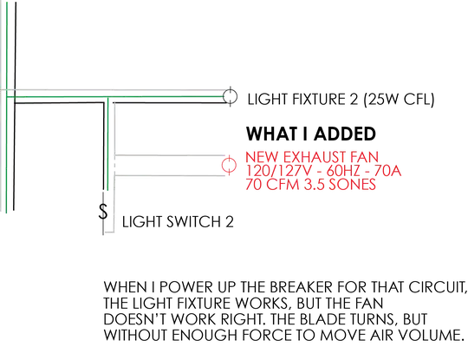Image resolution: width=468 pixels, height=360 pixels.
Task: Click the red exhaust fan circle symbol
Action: [x=222, y=165]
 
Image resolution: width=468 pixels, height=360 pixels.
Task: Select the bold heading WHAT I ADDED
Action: [x=311, y=134]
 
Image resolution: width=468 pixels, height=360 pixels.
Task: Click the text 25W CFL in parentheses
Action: [x=399, y=99]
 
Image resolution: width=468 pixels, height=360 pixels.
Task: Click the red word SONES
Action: [x=352, y=184]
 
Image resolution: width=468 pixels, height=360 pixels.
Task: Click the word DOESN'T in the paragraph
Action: [x=135, y=318]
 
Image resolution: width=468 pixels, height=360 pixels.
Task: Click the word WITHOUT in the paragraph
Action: [x=135, y=335]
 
